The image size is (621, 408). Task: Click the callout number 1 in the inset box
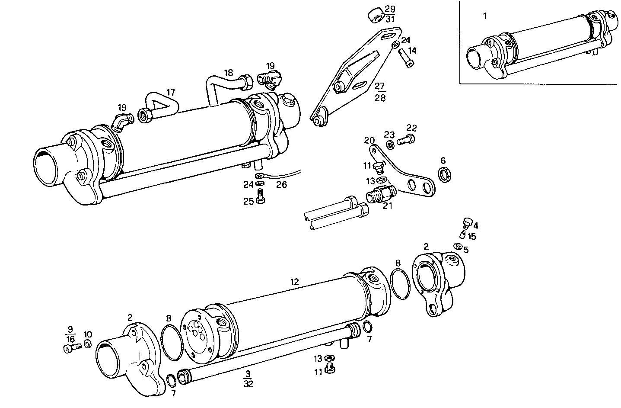point(484,16)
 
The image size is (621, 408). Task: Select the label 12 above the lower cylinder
point(294,282)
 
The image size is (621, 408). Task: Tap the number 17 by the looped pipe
point(171,92)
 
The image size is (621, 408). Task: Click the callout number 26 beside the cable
point(281,185)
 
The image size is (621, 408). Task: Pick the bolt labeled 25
point(260,199)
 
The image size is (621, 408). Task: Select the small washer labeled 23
point(389,145)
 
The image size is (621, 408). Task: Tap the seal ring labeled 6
point(444,174)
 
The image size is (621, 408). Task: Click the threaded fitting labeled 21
point(379,194)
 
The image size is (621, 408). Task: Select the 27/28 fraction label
point(380,91)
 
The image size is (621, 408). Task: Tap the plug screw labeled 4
point(466,223)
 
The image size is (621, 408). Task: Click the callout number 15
point(471,237)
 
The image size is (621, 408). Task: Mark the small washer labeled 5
point(457,246)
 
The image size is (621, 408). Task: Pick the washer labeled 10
point(87,344)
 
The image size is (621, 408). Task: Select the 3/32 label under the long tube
point(248,379)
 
